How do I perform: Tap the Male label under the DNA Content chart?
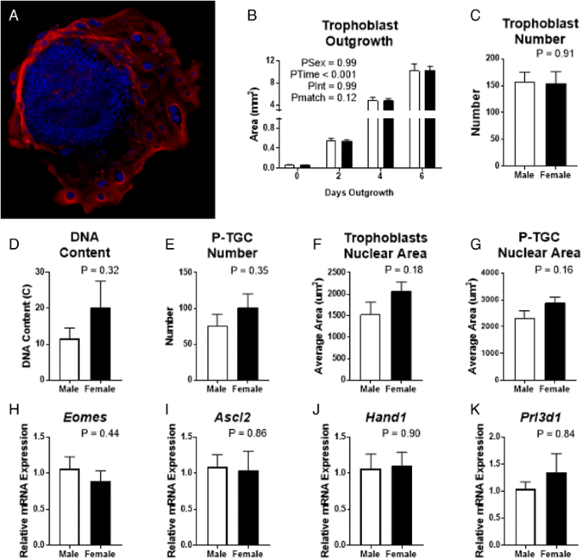tap(71, 387)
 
